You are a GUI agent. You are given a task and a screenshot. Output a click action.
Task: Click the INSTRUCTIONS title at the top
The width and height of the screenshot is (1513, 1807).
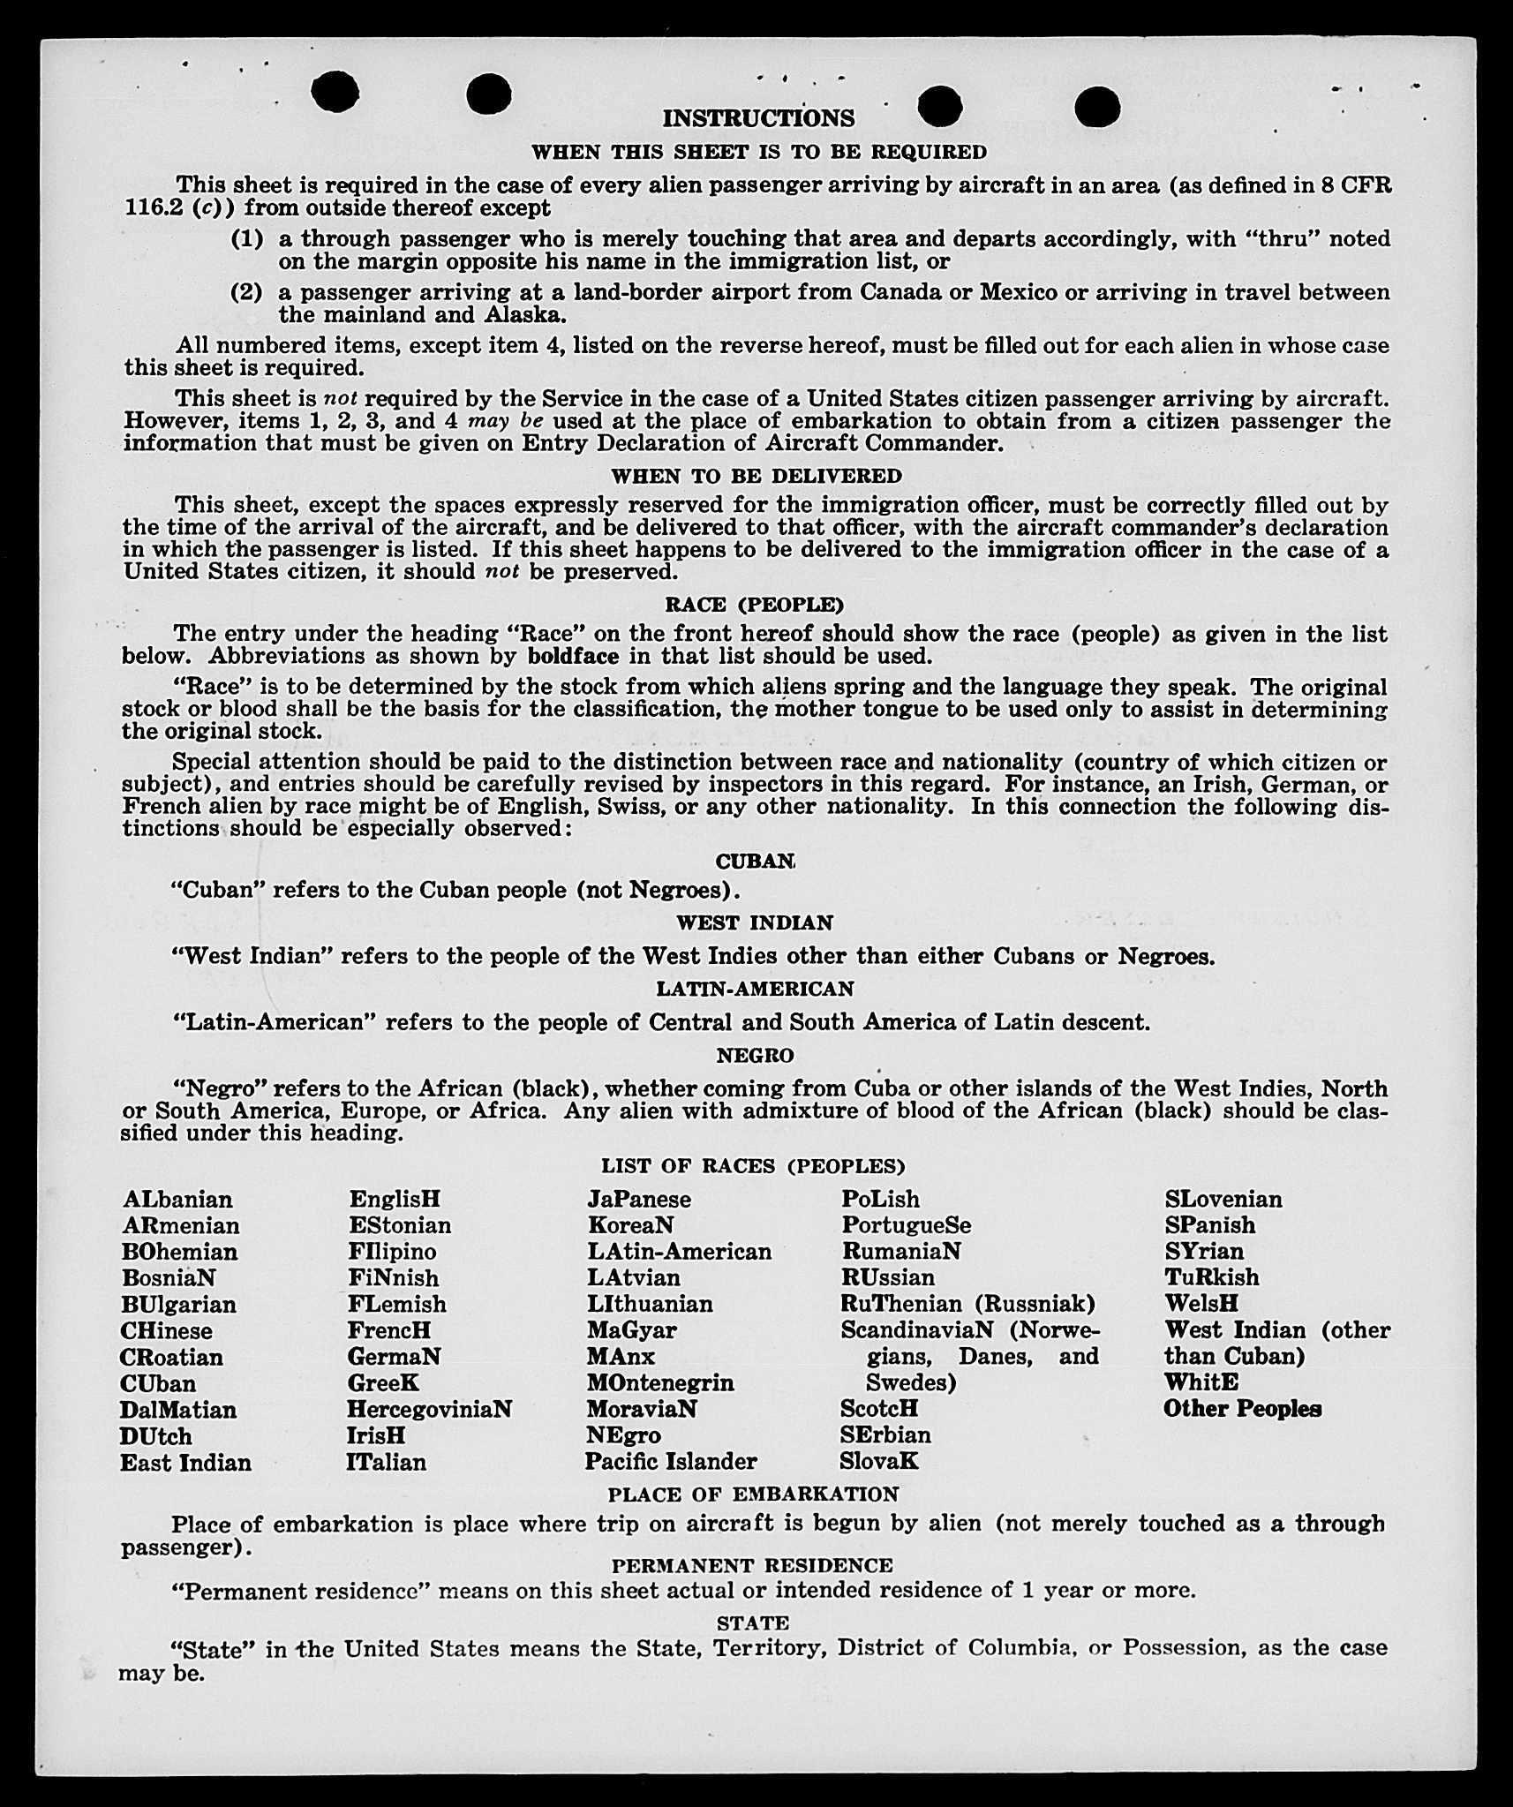[x=758, y=118]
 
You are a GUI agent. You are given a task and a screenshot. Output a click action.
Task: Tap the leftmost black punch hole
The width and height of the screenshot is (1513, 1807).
[x=335, y=92]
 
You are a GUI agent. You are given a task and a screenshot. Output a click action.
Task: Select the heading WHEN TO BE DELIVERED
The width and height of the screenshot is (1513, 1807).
[x=756, y=476]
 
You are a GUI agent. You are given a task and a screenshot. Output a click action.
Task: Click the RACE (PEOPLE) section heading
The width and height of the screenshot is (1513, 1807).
[x=755, y=605]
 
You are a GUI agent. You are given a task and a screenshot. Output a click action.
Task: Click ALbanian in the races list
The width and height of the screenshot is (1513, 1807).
[x=177, y=1200]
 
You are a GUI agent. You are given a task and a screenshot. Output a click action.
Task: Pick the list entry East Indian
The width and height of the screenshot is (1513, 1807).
[x=185, y=1463]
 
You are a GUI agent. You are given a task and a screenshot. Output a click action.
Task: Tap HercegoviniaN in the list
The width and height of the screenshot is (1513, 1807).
[x=429, y=1409]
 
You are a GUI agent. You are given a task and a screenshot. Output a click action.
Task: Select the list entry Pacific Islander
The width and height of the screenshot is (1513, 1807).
[x=671, y=1462]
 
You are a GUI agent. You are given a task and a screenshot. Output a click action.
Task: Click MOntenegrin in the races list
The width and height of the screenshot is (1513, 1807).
[x=659, y=1382]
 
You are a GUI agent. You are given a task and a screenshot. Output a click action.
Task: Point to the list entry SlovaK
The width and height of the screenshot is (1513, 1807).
[x=879, y=1461]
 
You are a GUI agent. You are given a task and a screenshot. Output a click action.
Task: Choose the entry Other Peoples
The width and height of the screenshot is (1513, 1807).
[x=1242, y=1409]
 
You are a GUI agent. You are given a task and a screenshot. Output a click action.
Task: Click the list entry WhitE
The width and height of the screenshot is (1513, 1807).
[x=1201, y=1382]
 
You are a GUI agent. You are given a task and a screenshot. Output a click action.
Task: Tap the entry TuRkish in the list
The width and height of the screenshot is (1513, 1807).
[x=1212, y=1277]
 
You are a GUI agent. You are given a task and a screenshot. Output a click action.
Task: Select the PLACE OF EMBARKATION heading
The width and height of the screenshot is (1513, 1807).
[x=753, y=1495]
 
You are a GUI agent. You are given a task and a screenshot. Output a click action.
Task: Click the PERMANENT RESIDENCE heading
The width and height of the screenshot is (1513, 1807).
[x=752, y=1565]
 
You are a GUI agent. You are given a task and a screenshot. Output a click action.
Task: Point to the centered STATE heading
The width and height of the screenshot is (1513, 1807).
[x=753, y=1623]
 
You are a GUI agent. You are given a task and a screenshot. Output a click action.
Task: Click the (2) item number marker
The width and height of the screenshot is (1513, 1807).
[x=246, y=292]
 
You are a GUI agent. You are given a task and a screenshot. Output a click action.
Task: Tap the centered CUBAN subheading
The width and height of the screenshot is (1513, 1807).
[x=756, y=861]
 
